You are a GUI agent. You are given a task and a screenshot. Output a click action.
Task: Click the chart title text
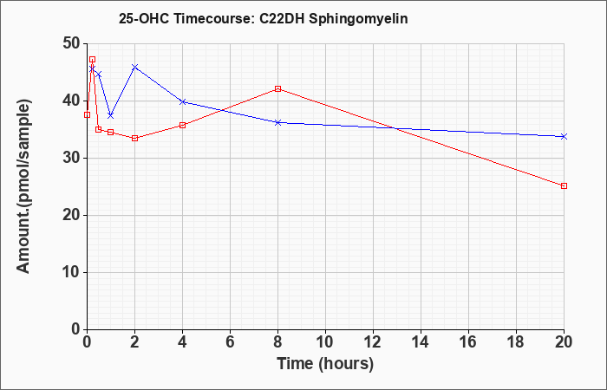tap(264, 19)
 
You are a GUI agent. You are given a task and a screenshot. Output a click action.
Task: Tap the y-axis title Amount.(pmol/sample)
tap(23, 186)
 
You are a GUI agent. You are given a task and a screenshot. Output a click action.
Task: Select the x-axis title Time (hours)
tap(325, 364)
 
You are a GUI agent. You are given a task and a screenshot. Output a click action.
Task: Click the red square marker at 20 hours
tap(564, 185)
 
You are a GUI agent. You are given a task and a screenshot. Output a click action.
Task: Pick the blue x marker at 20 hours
tap(564, 137)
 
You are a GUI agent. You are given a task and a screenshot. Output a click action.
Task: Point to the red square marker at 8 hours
tap(277, 88)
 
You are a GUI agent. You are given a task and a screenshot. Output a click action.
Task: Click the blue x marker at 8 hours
tap(277, 122)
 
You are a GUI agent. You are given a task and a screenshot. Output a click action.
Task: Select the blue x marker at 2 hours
tap(134, 67)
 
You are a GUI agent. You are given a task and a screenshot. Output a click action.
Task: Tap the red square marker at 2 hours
tap(134, 138)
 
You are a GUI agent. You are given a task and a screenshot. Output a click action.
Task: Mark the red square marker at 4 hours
tap(182, 125)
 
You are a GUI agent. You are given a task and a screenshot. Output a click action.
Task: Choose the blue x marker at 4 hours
tap(182, 101)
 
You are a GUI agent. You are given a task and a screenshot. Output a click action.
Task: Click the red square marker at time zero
tap(87, 115)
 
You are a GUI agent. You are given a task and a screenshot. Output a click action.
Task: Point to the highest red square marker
tap(92, 59)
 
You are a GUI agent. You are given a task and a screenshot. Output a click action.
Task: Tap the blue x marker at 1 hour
tap(111, 115)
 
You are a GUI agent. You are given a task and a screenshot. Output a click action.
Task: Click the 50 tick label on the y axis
tap(72, 43)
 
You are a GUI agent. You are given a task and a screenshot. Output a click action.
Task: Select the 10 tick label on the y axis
tap(72, 272)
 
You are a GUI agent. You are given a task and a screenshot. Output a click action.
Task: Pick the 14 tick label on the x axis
tap(421, 342)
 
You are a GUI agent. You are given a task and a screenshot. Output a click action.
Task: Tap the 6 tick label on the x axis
tap(230, 342)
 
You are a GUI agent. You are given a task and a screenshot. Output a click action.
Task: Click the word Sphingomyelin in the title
tap(358, 19)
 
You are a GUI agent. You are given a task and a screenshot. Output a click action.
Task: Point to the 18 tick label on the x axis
tap(516, 342)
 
